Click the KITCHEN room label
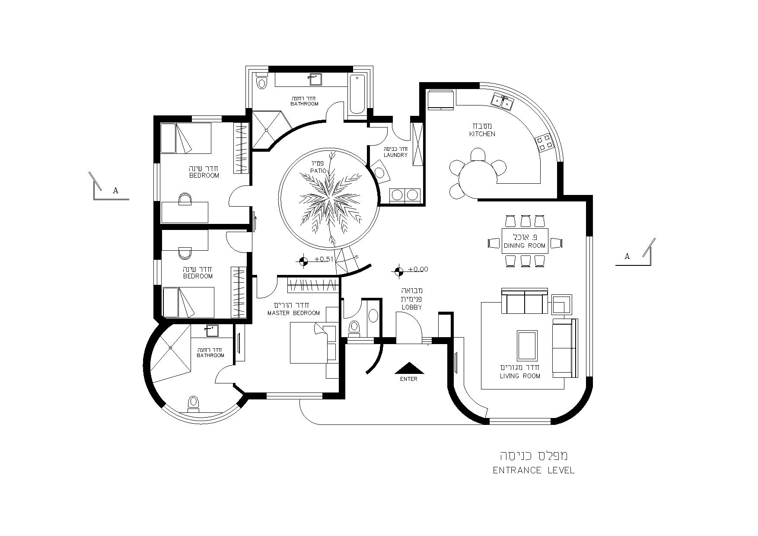point(482,134)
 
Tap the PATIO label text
point(318,171)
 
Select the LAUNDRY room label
point(395,155)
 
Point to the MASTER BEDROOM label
point(294,313)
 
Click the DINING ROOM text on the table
point(525,246)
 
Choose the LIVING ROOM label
point(520,376)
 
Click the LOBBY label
point(411,307)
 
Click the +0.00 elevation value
point(418,269)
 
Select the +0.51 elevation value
point(325,259)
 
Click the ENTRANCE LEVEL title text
point(534,470)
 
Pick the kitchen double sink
point(502,101)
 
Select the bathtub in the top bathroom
point(357,95)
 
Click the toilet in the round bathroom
point(194,404)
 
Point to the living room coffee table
point(527,346)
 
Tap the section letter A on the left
point(115,190)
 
